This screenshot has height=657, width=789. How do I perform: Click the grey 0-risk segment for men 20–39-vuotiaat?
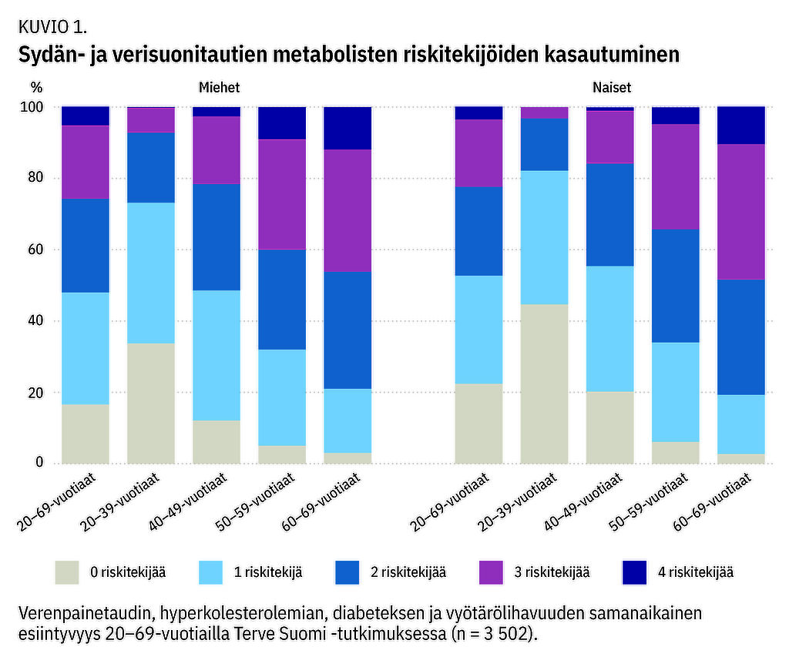click(x=150, y=403)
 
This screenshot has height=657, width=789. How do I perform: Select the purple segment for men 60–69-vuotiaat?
click(x=347, y=210)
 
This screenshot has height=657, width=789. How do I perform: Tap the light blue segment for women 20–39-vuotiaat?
click(x=544, y=237)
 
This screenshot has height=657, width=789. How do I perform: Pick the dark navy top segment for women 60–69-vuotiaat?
click(x=740, y=126)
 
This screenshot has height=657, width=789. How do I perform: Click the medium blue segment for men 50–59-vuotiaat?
click(x=282, y=299)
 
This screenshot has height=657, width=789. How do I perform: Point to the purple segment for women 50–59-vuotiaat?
click(x=675, y=176)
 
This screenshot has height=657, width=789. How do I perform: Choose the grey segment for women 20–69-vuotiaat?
click(x=478, y=423)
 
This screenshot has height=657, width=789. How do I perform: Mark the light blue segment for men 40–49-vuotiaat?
click(x=216, y=355)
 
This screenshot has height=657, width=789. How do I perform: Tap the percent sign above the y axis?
click(x=35, y=88)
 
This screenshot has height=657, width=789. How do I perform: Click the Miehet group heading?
click(x=220, y=88)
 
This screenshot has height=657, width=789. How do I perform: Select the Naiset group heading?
click(x=612, y=88)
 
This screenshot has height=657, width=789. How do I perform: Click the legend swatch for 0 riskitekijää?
click(x=67, y=572)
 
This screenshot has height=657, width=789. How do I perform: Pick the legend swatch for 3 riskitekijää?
click(x=491, y=572)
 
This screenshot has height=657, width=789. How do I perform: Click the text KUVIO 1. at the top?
click(x=51, y=27)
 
